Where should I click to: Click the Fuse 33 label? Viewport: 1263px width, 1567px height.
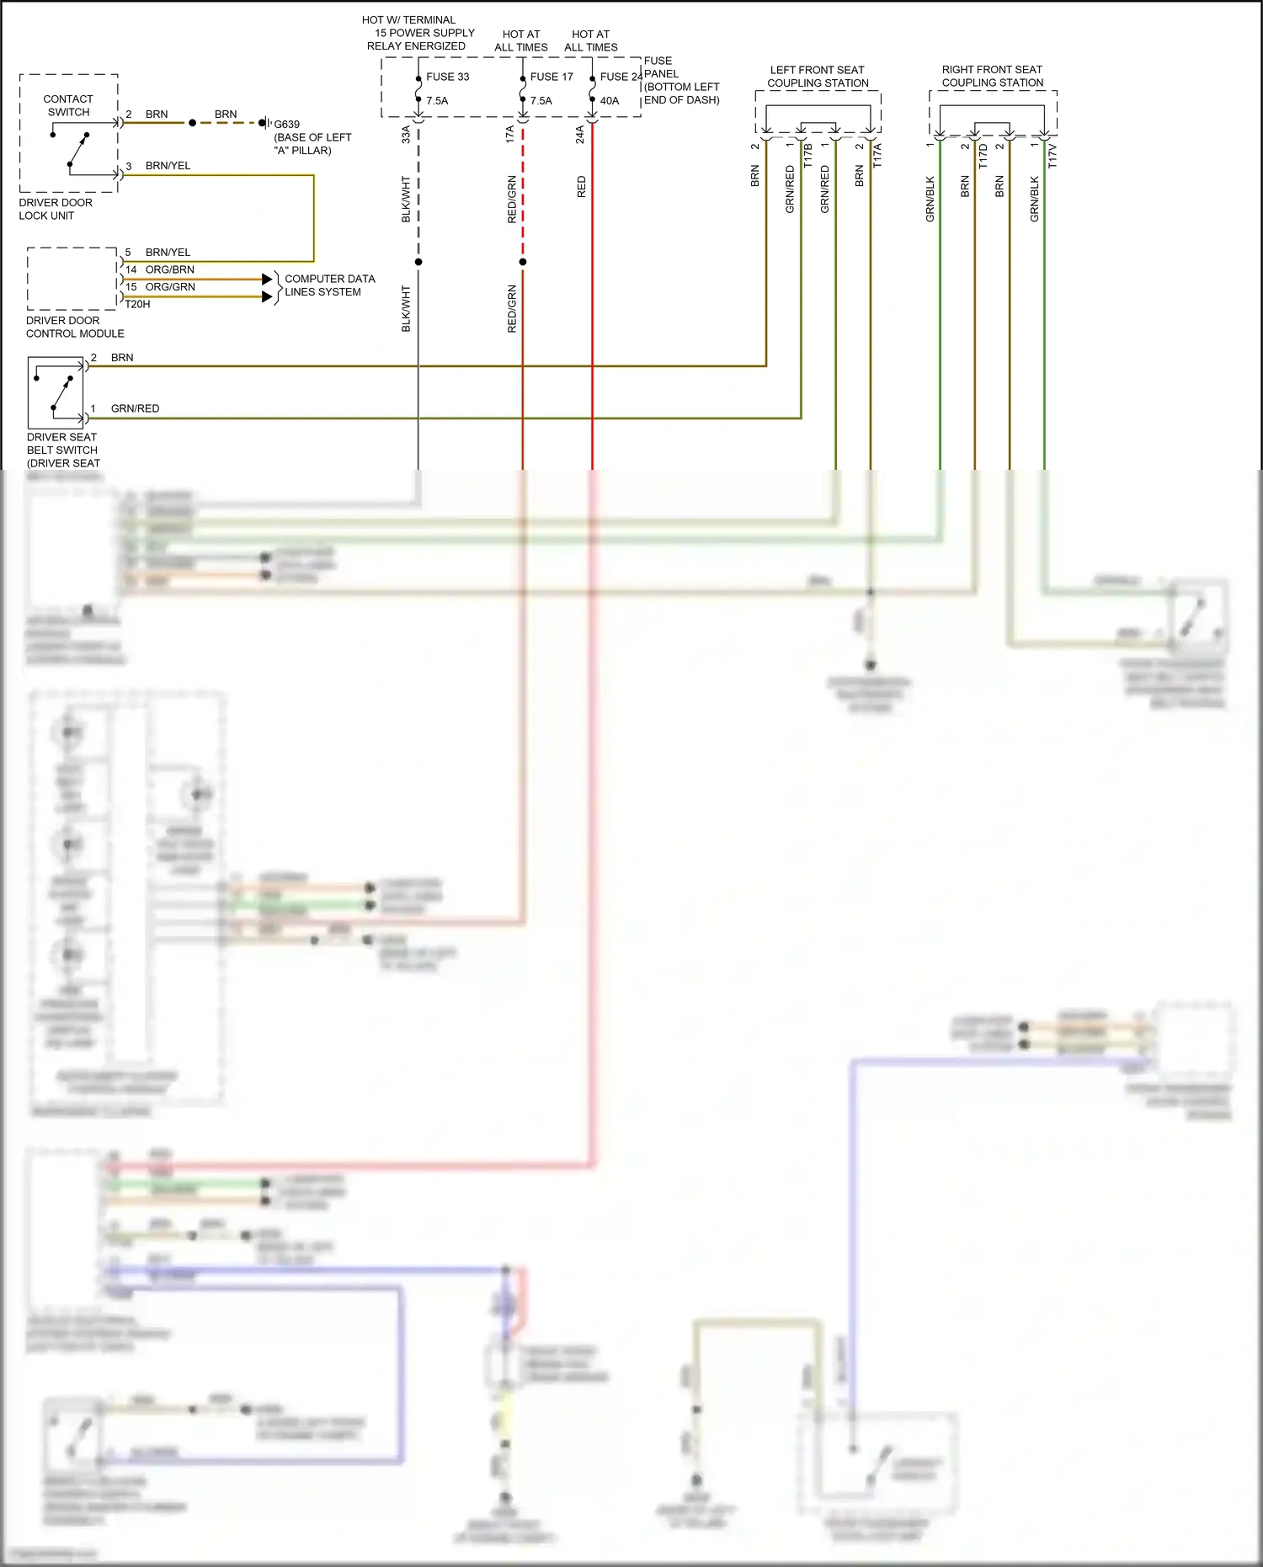(x=447, y=77)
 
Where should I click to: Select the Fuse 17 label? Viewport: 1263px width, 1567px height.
(x=552, y=77)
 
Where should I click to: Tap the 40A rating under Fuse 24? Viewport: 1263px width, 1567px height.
(x=610, y=101)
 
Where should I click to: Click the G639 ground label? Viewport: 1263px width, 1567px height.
(x=286, y=124)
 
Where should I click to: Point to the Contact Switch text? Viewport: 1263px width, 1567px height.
(x=68, y=105)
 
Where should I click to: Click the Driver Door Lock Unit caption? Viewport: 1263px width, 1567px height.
(x=56, y=209)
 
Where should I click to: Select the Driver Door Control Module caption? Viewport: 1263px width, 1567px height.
(x=74, y=327)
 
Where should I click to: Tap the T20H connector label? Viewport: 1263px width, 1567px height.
(x=137, y=304)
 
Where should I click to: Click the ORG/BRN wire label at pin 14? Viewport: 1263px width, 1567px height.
(x=169, y=269)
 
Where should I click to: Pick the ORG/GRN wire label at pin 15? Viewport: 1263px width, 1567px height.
(x=170, y=287)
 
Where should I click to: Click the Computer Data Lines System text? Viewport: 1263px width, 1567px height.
(x=329, y=285)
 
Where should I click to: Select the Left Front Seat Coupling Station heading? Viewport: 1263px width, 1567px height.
(x=818, y=77)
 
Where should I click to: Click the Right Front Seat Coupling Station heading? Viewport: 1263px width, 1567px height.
(x=992, y=76)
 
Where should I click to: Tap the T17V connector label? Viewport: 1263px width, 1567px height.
(x=1052, y=156)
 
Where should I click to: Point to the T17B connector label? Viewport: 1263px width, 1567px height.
(x=808, y=156)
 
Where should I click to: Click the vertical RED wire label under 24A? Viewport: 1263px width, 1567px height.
(x=581, y=187)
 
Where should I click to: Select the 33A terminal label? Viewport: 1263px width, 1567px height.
(x=406, y=134)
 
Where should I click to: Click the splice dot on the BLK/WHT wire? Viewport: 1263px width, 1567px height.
(x=418, y=262)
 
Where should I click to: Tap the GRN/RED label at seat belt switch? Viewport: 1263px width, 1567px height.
(x=135, y=408)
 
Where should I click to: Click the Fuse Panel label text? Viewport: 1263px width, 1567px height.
(x=681, y=80)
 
